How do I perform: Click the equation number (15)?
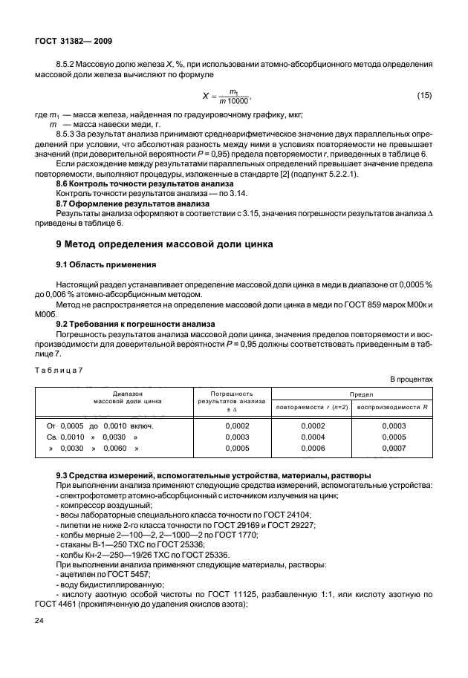[423, 96]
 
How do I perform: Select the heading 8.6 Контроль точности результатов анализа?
[145, 183]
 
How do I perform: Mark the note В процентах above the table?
[411, 379]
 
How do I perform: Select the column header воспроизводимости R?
[394, 407]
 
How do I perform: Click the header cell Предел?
[353, 393]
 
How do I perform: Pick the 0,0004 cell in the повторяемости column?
[312, 437]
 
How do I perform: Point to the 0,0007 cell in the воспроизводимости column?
[394, 449]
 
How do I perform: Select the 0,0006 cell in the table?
[312, 449]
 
